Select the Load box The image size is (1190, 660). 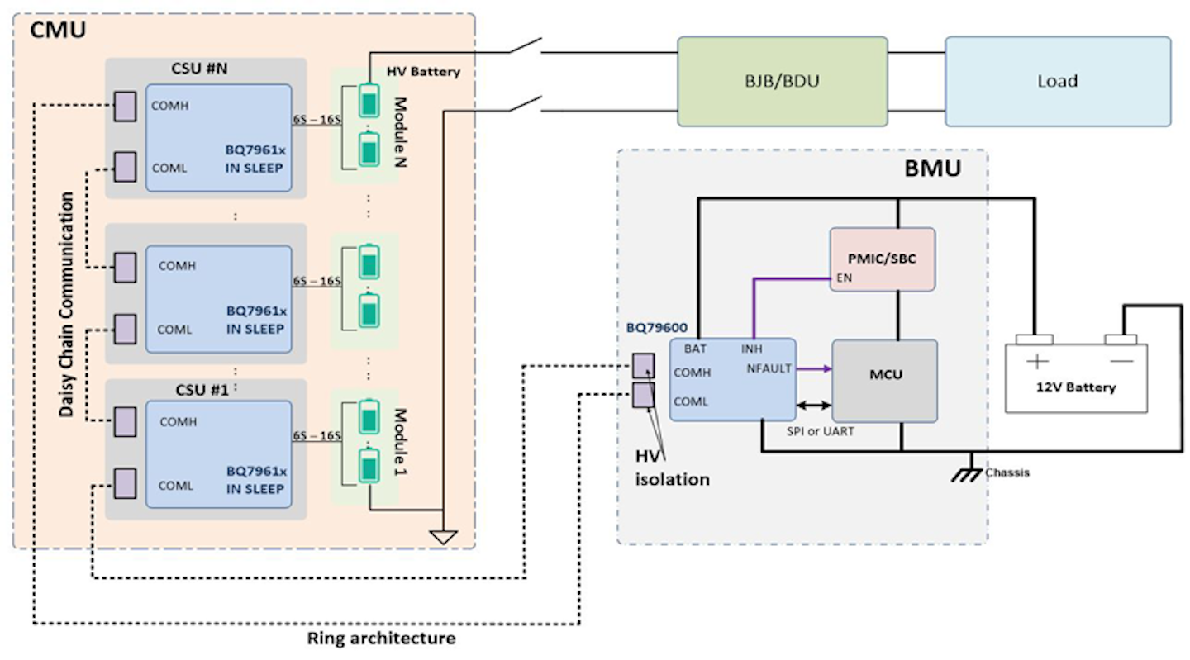tap(1057, 81)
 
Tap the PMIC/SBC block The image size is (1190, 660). tap(882, 259)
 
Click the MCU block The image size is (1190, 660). tap(885, 375)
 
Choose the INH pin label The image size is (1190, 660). tap(752, 349)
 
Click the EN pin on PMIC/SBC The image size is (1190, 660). tap(844, 278)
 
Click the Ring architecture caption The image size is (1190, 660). tap(381, 639)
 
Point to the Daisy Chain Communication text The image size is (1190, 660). tap(69, 305)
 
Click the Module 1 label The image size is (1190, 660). tap(400, 441)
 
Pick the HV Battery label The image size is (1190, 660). tap(423, 72)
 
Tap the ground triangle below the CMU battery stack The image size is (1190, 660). tap(444, 538)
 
